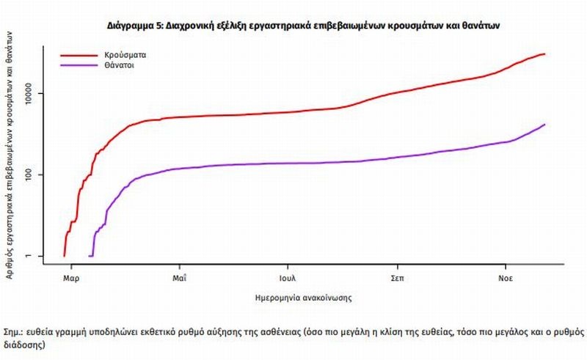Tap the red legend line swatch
(x=78, y=55)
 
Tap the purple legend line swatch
(x=78, y=66)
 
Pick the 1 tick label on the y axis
(x=42, y=256)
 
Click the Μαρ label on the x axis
(x=71, y=279)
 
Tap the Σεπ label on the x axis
(x=398, y=279)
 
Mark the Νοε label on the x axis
(x=506, y=279)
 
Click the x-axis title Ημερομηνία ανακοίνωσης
(x=305, y=298)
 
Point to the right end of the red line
(x=544, y=54)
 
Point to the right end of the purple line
(x=544, y=125)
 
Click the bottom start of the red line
(x=65, y=255)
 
